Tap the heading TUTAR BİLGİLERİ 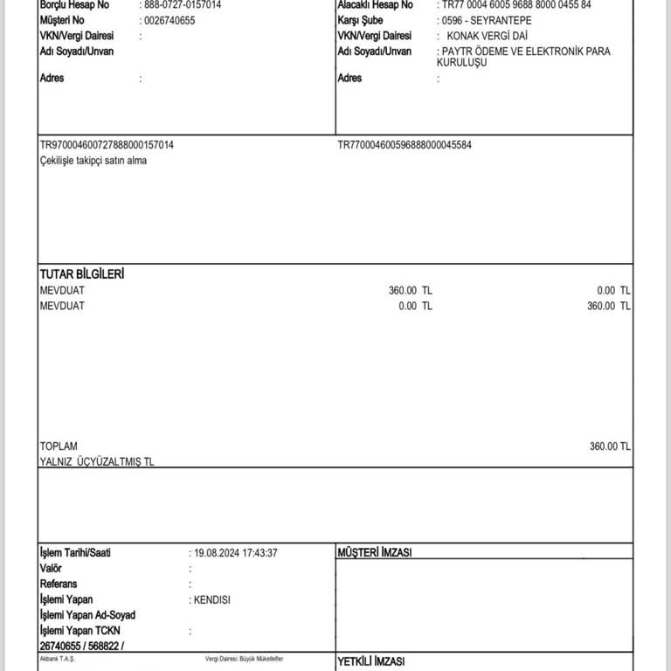82,274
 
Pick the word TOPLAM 59,446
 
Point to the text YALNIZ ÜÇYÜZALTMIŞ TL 97,461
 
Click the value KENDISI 213,599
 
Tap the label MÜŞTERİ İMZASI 375,553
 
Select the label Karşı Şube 362,20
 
